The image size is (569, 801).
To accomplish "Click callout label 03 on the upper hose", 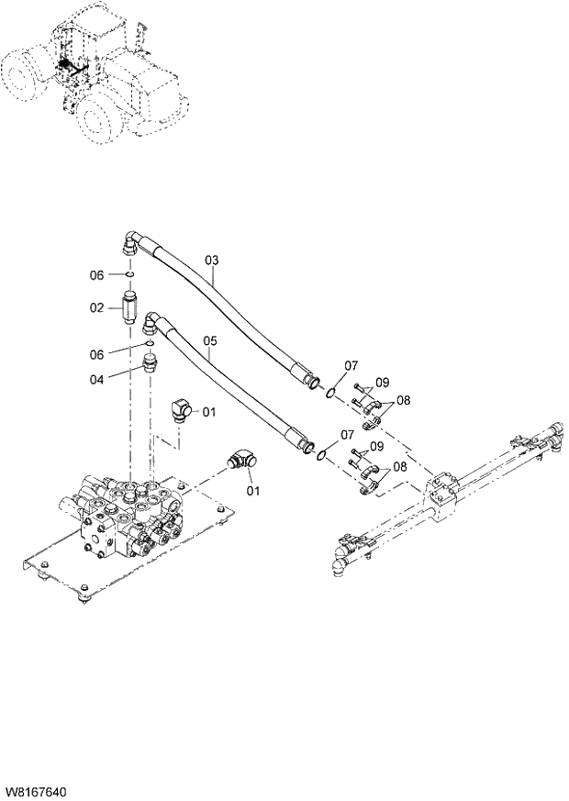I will [212, 261].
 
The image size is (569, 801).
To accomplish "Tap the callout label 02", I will [97, 308].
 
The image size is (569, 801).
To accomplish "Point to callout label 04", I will [97, 376].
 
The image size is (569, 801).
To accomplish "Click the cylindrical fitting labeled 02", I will [130, 304].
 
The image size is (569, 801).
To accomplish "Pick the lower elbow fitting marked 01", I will [240, 458].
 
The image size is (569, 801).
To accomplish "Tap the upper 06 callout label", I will [97, 275].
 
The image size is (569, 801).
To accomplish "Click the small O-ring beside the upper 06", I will [130, 274].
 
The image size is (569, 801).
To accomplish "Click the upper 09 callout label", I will [382, 383].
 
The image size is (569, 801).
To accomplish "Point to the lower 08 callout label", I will [399, 467].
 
